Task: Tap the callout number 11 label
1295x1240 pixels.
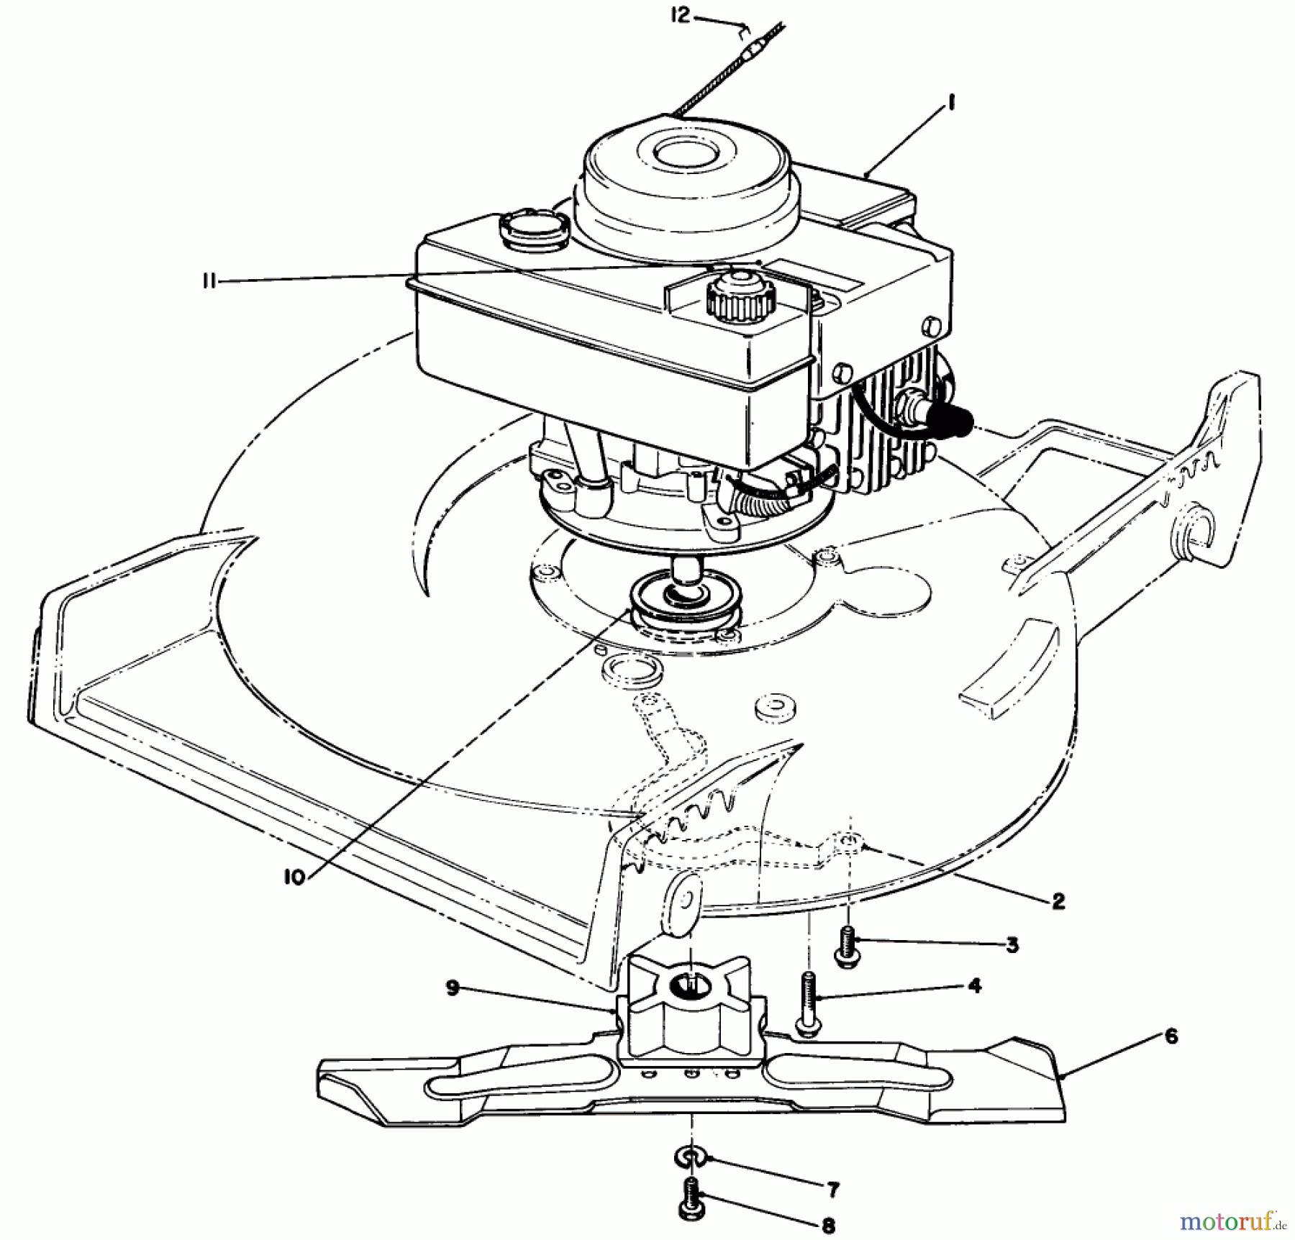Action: (x=209, y=282)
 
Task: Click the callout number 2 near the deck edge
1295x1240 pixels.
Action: (x=1058, y=901)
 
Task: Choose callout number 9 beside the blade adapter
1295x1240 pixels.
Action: (x=452, y=988)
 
